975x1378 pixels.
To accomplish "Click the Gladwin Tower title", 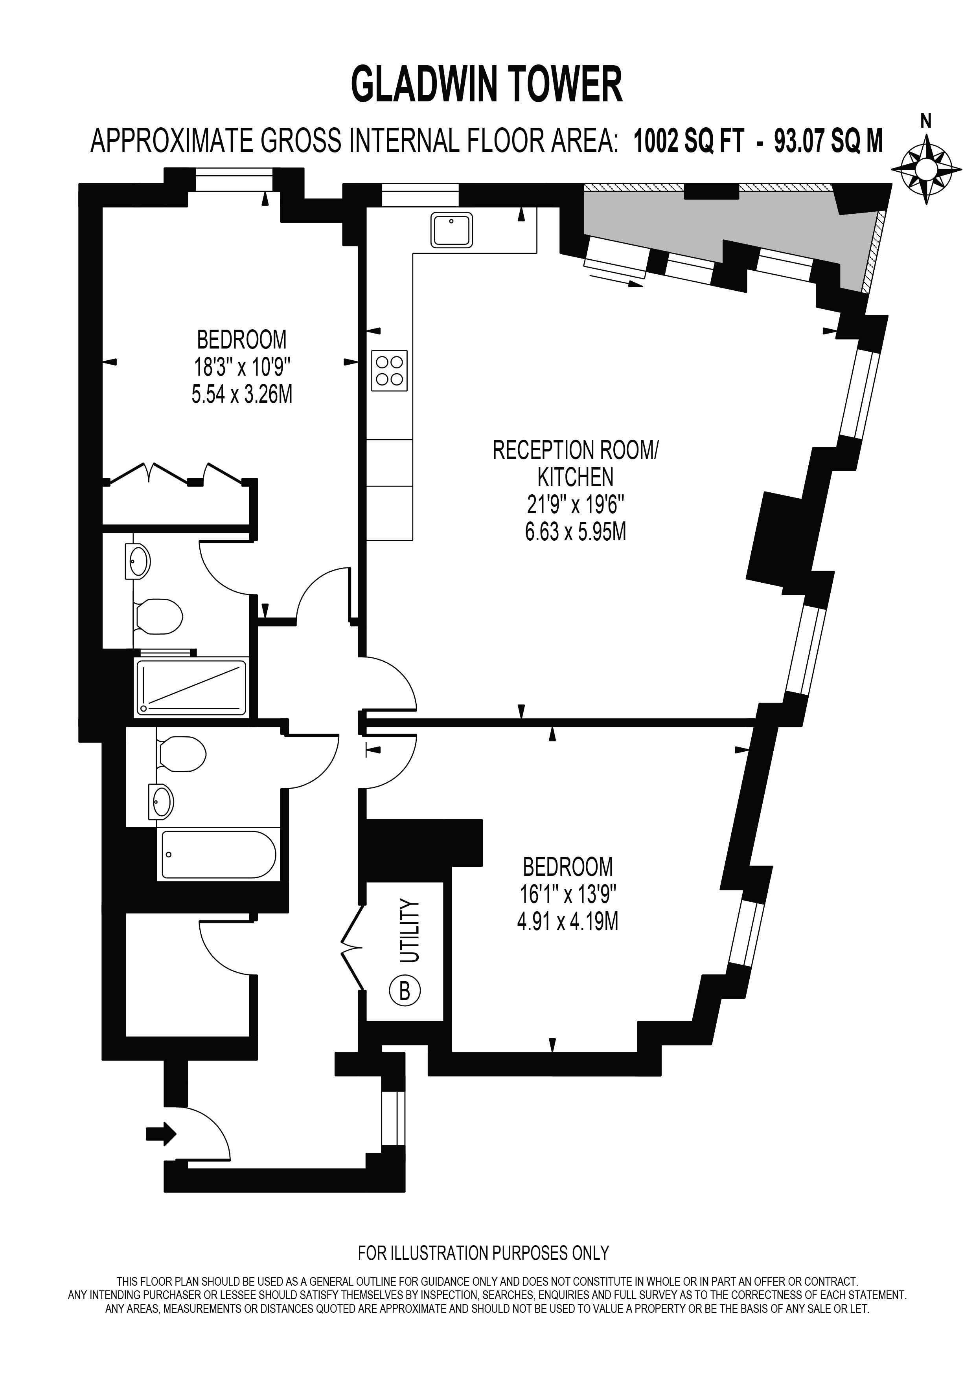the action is coord(487,85).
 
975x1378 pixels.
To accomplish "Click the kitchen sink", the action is coord(451,230).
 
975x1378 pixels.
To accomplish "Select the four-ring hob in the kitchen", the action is coord(390,370).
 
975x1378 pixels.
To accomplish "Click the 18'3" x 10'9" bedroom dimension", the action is coord(242,367).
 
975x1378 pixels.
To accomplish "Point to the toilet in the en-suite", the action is coord(157,616).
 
